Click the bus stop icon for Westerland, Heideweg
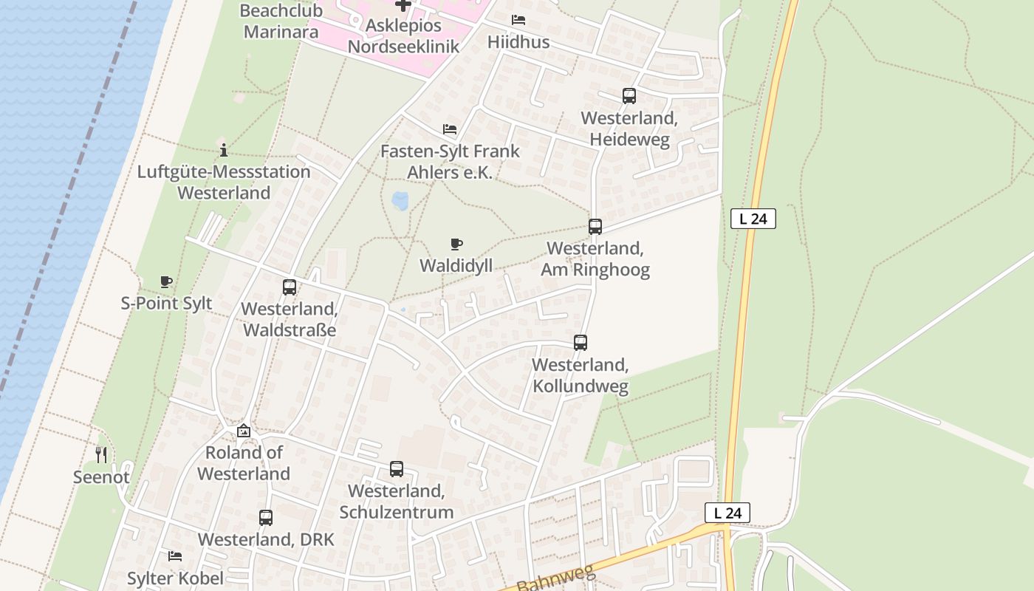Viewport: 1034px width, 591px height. click(x=629, y=96)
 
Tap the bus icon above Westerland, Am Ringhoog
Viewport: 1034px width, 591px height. click(x=595, y=227)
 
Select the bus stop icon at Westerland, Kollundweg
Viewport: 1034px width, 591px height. click(x=581, y=343)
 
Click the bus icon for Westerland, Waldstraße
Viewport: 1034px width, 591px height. click(x=290, y=287)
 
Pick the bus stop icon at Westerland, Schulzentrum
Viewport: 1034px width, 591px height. click(x=397, y=469)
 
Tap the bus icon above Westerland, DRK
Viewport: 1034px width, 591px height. click(x=266, y=518)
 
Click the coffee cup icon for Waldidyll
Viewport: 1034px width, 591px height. click(x=456, y=245)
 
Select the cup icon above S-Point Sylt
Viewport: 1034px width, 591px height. click(x=166, y=281)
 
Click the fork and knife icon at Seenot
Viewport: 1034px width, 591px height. click(x=101, y=455)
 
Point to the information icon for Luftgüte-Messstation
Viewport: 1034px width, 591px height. click(x=224, y=151)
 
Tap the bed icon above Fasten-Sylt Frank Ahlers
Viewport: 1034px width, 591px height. click(x=450, y=129)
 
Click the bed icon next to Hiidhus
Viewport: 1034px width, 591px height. click(x=518, y=20)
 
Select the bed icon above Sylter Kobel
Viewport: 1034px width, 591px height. click(x=175, y=556)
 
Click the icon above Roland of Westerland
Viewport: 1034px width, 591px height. click(x=244, y=431)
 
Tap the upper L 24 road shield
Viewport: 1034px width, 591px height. click(x=753, y=219)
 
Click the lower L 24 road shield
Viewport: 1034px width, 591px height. click(x=727, y=513)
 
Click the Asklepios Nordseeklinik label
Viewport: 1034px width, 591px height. click(x=403, y=36)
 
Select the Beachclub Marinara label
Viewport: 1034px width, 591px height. click(x=281, y=21)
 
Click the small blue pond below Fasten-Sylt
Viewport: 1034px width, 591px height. click(x=400, y=201)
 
